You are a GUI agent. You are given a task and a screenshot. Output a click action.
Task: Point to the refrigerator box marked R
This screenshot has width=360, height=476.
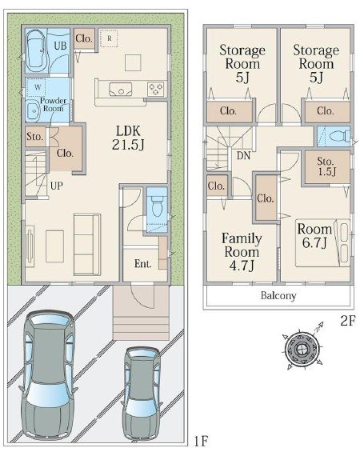click(108, 37)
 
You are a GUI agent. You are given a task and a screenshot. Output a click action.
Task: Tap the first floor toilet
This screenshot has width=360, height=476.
click(157, 206)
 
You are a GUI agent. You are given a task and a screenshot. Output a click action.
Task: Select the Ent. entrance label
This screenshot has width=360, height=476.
click(143, 264)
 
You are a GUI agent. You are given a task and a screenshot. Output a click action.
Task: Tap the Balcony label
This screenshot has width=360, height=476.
click(278, 295)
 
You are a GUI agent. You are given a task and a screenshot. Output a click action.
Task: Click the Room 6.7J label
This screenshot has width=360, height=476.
click(314, 236)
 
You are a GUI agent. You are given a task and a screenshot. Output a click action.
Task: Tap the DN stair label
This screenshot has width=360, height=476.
click(242, 156)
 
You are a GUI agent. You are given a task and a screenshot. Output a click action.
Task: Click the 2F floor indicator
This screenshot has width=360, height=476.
click(346, 322)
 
